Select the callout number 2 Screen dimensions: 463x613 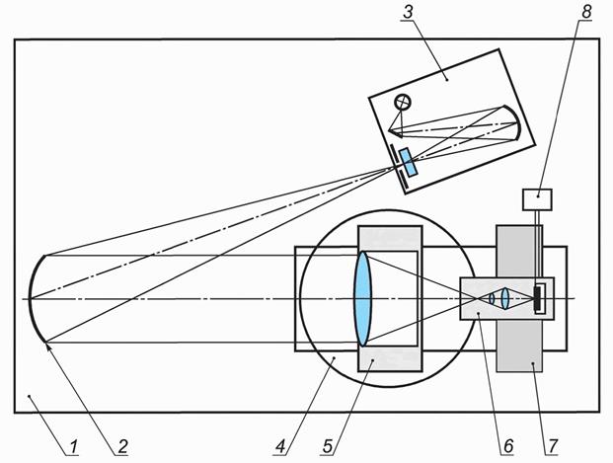(x=121, y=447)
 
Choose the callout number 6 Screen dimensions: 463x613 (x=506, y=447)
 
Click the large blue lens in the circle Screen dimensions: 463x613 (x=363, y=297)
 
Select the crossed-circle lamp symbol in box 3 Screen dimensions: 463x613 (x=403, y=102)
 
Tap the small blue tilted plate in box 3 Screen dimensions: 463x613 (x=409, y=163)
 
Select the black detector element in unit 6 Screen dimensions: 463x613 (x=539, y=298)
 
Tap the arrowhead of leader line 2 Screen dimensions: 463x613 (x=47, y=344)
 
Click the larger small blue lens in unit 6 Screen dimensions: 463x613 (x=505, y=297)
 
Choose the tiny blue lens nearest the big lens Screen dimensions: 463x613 (x=492, y=297)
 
